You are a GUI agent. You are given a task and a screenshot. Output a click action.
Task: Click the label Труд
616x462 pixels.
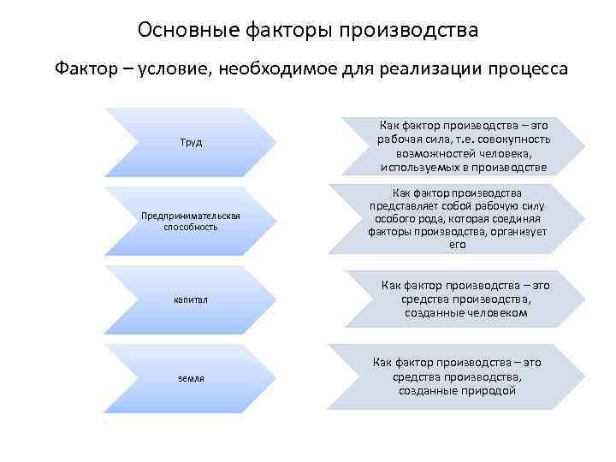[191, 142]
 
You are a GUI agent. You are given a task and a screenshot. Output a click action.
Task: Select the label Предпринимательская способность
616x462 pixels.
[191, 222]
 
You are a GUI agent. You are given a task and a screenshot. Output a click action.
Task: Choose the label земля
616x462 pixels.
[191, 377]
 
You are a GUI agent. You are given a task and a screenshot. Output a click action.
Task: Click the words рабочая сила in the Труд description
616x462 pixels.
[412, 139]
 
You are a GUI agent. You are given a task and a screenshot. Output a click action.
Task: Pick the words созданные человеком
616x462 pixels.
[465, 313]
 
